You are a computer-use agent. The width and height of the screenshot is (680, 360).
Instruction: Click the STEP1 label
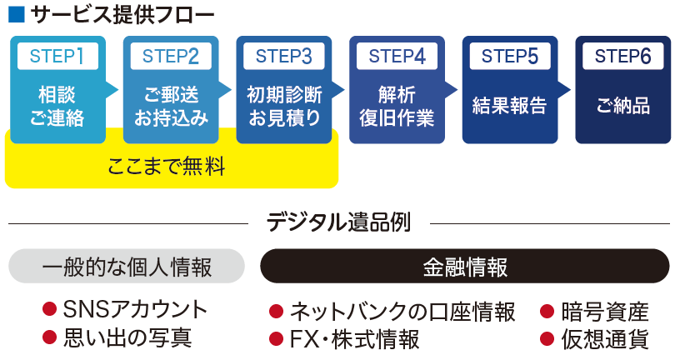57,56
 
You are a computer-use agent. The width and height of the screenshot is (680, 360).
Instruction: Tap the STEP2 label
171,56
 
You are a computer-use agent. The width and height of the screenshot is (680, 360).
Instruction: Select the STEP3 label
284,56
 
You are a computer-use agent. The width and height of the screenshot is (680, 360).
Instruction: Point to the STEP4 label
397,56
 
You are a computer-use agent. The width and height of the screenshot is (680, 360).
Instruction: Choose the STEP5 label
510,56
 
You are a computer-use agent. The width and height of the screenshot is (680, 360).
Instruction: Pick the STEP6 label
623,56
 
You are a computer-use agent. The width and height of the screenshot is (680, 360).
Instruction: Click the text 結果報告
509,105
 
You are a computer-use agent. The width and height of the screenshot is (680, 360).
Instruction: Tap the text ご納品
623,105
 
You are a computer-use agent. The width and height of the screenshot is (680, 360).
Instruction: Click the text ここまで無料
167,166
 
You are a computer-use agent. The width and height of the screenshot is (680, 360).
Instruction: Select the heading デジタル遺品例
338,222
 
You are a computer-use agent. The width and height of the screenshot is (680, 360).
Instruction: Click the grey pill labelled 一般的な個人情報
127,266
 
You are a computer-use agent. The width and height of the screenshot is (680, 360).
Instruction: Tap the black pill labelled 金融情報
465,266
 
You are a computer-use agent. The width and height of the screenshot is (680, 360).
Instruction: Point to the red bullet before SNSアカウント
49,309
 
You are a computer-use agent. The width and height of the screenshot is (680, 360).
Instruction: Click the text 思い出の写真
127,337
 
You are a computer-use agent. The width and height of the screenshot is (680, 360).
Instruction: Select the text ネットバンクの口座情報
402,312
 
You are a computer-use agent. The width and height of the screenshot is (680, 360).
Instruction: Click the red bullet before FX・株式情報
277,338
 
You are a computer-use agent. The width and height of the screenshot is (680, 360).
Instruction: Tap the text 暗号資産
605,312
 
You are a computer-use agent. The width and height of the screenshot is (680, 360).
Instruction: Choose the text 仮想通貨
605,338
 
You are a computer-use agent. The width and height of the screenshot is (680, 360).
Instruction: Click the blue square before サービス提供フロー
17,14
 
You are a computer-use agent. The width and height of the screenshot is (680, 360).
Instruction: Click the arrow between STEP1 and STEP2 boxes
112,90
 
